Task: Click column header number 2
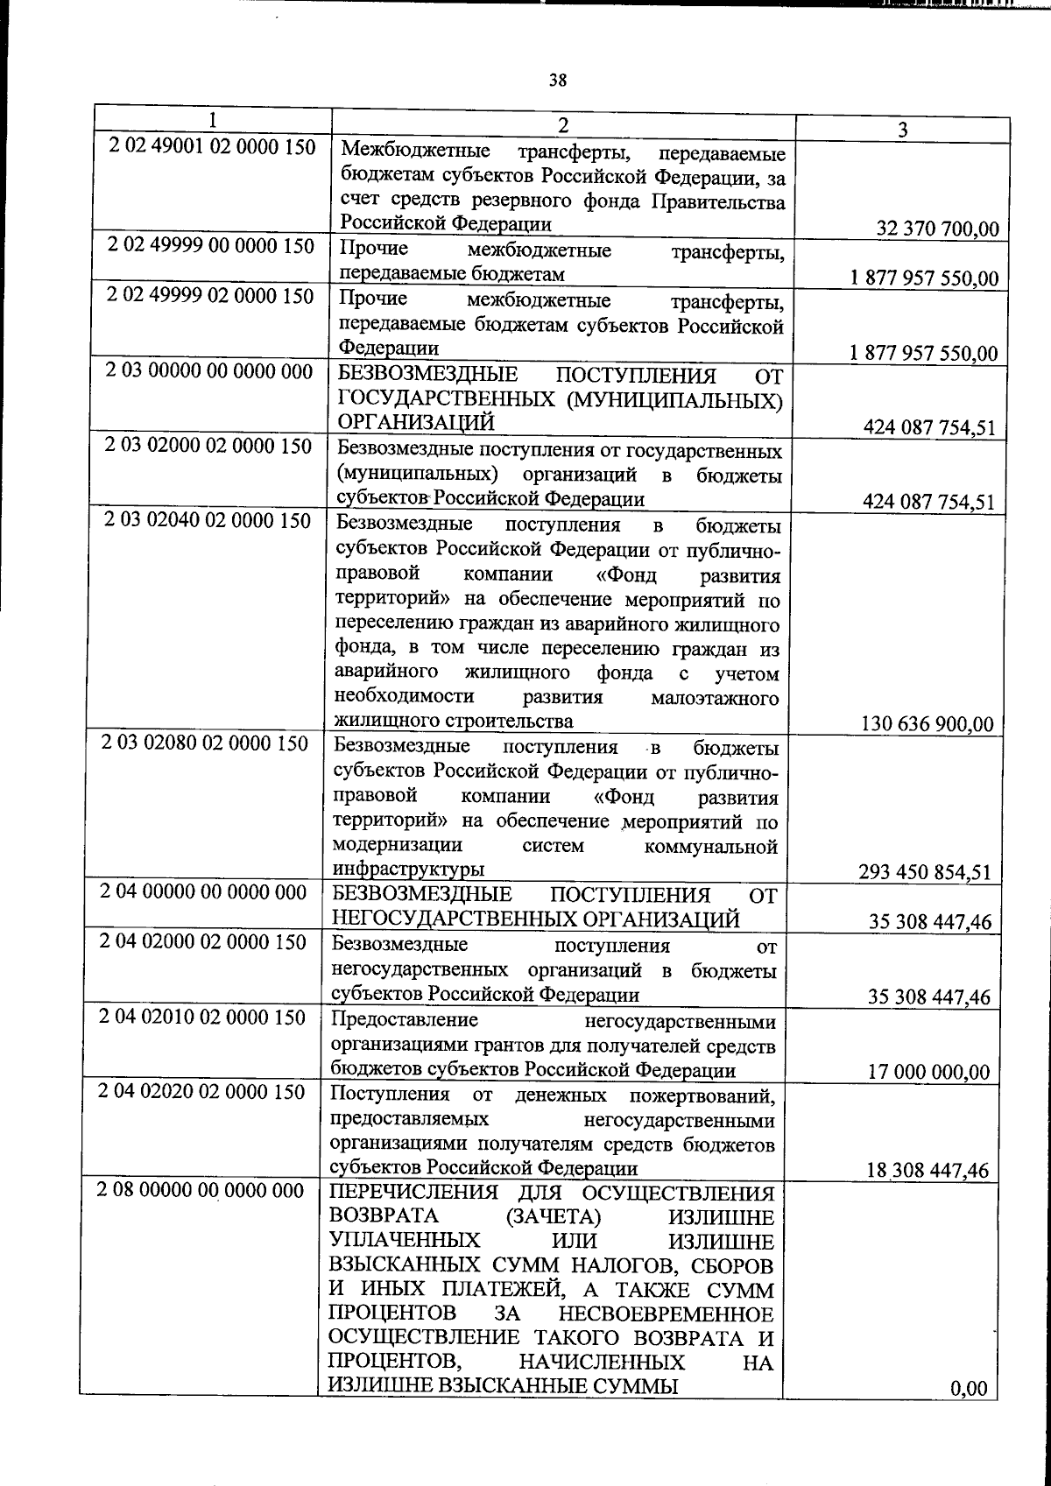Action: tap(562, 125)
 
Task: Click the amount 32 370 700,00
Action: tap(937, 229)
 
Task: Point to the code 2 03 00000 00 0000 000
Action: tap(208, 371)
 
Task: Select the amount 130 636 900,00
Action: tap(928, 724)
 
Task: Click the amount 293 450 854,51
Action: tap(927, 872)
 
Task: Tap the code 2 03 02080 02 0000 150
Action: tap(205, 743)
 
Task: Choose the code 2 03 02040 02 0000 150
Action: tap(207, 521)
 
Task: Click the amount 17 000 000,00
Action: tap(928, 1072)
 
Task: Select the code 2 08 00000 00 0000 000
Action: tap(201, 1191)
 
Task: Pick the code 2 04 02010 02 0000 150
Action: tap(202, 1018)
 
